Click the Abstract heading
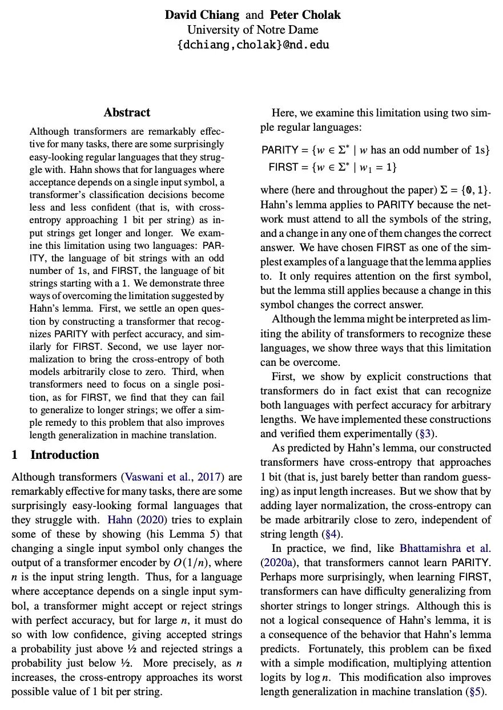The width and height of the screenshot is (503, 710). [x=127, y=112]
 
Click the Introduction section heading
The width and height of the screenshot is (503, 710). [x=65, y=455]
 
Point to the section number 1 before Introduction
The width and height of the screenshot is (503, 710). [x=15, y=455]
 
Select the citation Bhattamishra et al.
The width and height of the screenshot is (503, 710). [x=446, y=548]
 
